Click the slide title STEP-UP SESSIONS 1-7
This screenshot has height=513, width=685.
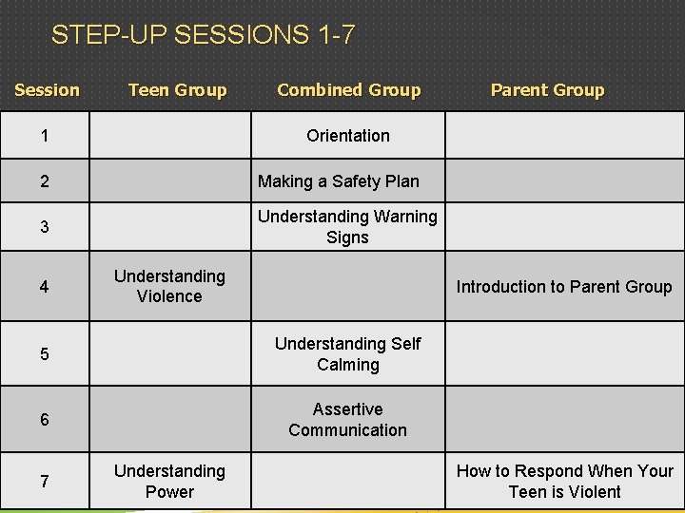[203, 35]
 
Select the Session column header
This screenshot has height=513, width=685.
[47, 90]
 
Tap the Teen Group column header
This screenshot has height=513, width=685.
[177, 90]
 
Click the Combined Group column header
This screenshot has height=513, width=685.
[348, 90]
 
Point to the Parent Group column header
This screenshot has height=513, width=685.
[547, 90]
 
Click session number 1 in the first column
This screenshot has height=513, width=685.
[45, 136]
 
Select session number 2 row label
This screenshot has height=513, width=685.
[45, 181]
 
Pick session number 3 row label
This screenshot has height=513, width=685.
[45, 228]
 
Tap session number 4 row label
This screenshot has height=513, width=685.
[45, 287]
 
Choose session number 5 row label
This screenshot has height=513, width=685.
[45, 354]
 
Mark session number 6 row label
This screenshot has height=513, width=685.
[45, 420]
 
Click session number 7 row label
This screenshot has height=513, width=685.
[45, 482]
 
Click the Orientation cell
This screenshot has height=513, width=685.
[348, 136]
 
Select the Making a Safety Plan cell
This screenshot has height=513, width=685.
[339, 181]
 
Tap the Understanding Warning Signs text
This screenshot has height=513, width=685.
[347, 227]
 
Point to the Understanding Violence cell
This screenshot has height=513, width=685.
[169, 286]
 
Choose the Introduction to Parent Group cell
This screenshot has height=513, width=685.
[564, 287]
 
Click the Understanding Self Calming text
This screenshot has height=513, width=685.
[347, 353]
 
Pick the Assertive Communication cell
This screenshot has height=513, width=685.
[347, 419]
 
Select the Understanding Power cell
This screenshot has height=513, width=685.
[169, 481]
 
